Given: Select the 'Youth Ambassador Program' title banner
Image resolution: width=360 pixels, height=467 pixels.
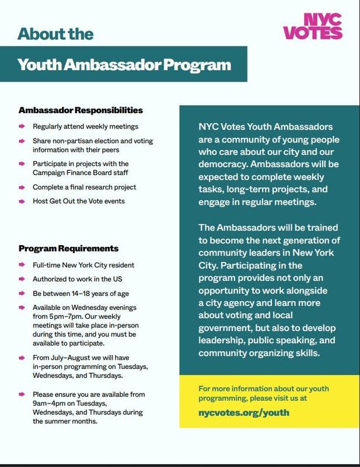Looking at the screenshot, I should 124,64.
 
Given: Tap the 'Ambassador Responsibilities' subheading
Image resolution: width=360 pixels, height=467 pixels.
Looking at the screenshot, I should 81,110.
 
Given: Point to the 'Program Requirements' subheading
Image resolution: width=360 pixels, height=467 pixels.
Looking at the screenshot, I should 68,248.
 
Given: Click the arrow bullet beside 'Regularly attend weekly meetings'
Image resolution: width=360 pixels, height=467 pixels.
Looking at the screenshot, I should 21,126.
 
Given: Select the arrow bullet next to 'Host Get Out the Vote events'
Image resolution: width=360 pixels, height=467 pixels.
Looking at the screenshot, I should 21,201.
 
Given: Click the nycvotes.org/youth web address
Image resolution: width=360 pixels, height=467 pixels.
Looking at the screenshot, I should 244,412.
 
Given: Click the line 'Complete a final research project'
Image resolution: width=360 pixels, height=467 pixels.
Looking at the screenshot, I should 85,187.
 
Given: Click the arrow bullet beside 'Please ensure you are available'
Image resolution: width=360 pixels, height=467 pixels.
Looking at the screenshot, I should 21,395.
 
